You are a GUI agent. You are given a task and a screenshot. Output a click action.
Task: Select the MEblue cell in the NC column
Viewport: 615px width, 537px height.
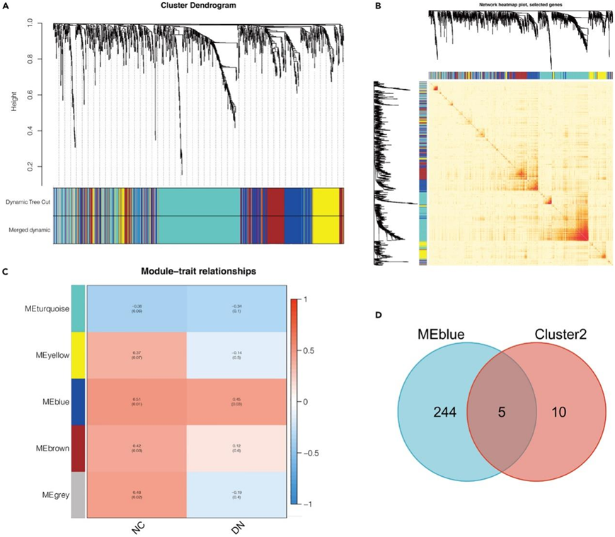coord(137,402)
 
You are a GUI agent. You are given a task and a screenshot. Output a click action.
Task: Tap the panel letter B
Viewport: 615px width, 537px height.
coord(378,6)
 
